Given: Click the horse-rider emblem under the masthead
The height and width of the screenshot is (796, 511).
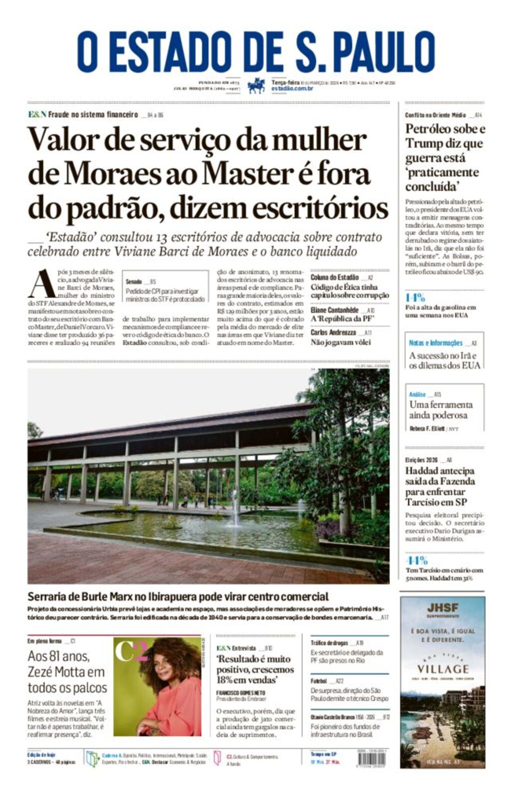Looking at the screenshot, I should pyautogui.click(x=256, y=85).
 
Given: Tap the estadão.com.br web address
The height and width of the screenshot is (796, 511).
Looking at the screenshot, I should pyautogui.click(x=292, y=88).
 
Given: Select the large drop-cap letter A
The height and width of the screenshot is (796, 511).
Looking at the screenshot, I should pyautogui.click(x=41, y=284).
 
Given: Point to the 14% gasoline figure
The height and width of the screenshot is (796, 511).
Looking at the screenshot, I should pyautogui.click(x=415, y=297).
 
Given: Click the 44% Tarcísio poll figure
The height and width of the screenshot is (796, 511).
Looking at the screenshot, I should pyautogui.click(x=416, y=560).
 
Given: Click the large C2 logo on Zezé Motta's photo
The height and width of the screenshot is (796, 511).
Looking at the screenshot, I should pyautogui.click(x=131, y=652).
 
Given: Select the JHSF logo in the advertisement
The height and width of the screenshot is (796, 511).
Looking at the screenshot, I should pyautogui.click(x=442, y=607).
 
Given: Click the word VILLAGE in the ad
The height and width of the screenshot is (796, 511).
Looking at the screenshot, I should pyautogui.click(x=443, y=669).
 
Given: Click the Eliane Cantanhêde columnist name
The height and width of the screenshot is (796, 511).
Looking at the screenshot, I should pyautogui.click(x=334, y=310).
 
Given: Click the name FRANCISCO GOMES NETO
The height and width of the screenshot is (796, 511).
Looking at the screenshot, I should pyautogui.click(x=241, y=693).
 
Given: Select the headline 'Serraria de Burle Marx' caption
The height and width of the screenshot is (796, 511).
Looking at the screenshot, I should pyautogui.click(x=178, y=596).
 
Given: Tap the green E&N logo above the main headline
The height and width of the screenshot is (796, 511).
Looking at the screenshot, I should pyautogui.click(x=37, y=114).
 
